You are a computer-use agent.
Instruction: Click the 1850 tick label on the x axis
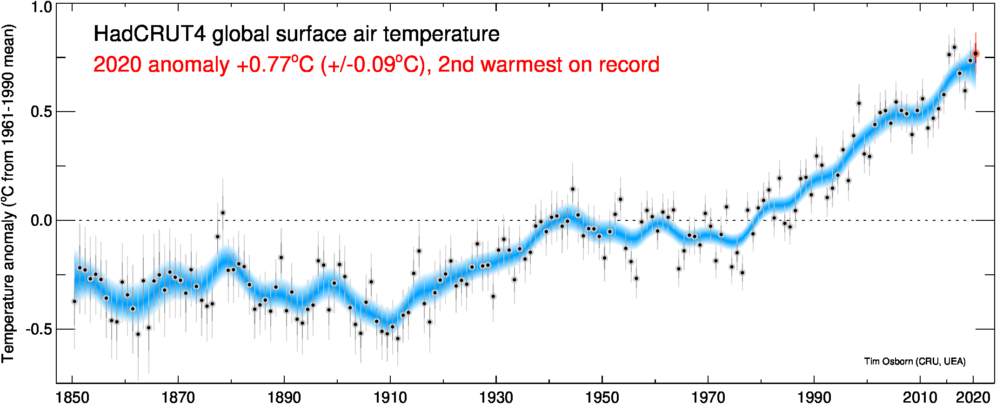[72, 397]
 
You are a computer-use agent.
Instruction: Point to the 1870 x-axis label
[178, 397]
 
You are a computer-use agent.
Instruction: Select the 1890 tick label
[284, 397]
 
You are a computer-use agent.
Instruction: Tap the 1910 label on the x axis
[390, 397]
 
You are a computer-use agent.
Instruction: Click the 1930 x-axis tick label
[496, 397]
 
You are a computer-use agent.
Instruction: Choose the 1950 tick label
[602, 397]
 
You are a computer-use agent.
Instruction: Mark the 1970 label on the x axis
[709, 397]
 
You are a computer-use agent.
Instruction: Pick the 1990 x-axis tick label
[815, 397]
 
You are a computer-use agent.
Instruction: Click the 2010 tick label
[920, 397]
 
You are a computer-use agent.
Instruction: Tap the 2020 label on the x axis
[973, 397]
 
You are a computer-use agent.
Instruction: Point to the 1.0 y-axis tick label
[41, 8]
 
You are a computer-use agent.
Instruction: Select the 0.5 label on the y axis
[41, 112]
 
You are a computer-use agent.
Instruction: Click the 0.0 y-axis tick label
[41, 220]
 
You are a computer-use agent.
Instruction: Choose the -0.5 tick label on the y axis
[38, 329]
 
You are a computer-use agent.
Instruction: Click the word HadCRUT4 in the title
[149, 34]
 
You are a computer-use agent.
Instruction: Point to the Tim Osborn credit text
[915, 361]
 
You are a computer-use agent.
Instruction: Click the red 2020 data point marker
[976, 54]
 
